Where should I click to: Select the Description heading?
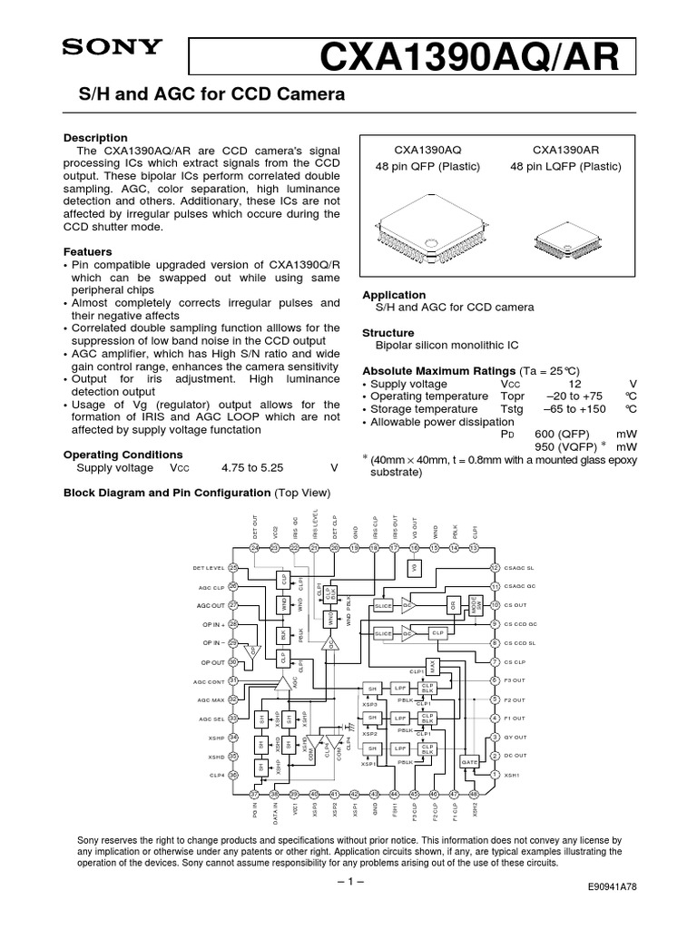coord(101,137)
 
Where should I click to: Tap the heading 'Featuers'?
coord(87,251)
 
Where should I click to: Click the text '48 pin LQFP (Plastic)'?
coord(565,166)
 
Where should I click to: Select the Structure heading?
coord(388,333)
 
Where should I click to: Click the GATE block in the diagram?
coord(469,761)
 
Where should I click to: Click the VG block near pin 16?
coord(413,567)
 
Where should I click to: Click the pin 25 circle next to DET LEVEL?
coord(233,567)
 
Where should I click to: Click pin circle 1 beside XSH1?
coord(495,774)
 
